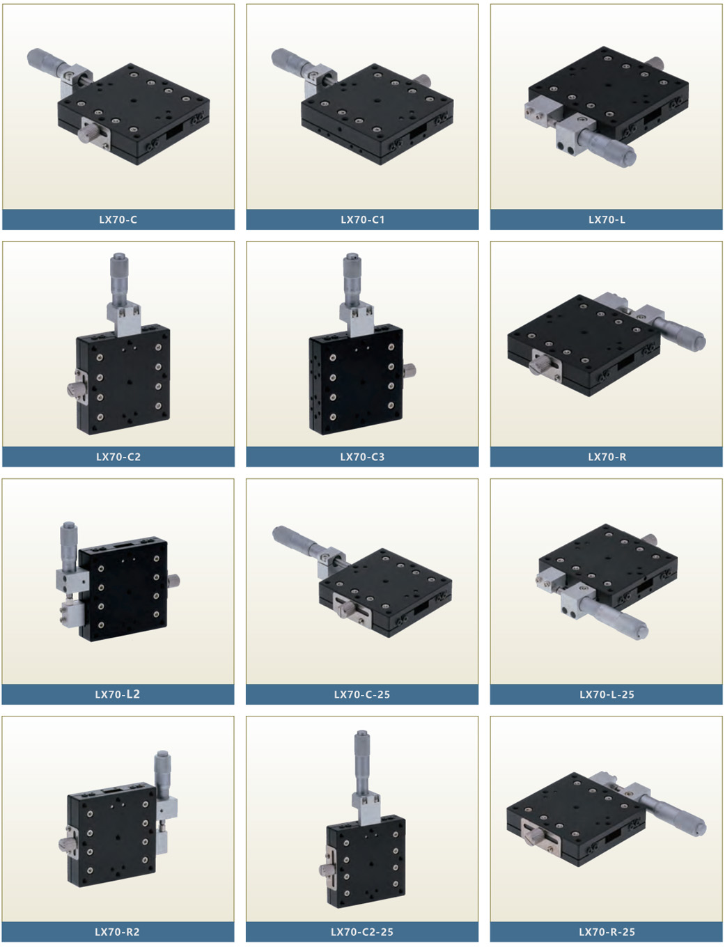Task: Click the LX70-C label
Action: tap(118, 219)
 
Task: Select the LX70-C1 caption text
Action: tap(362, 219)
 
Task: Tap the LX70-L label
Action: tap(607, 219)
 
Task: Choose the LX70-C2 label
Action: tap(118, 457)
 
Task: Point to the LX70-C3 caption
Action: tap(362, 457)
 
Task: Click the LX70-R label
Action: tap(607, 457)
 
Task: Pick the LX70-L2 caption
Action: tap(118, 694)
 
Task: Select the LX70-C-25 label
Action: tap(362, 695)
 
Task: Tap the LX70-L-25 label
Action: tap(607, 695)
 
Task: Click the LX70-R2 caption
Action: tap(118, 932)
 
